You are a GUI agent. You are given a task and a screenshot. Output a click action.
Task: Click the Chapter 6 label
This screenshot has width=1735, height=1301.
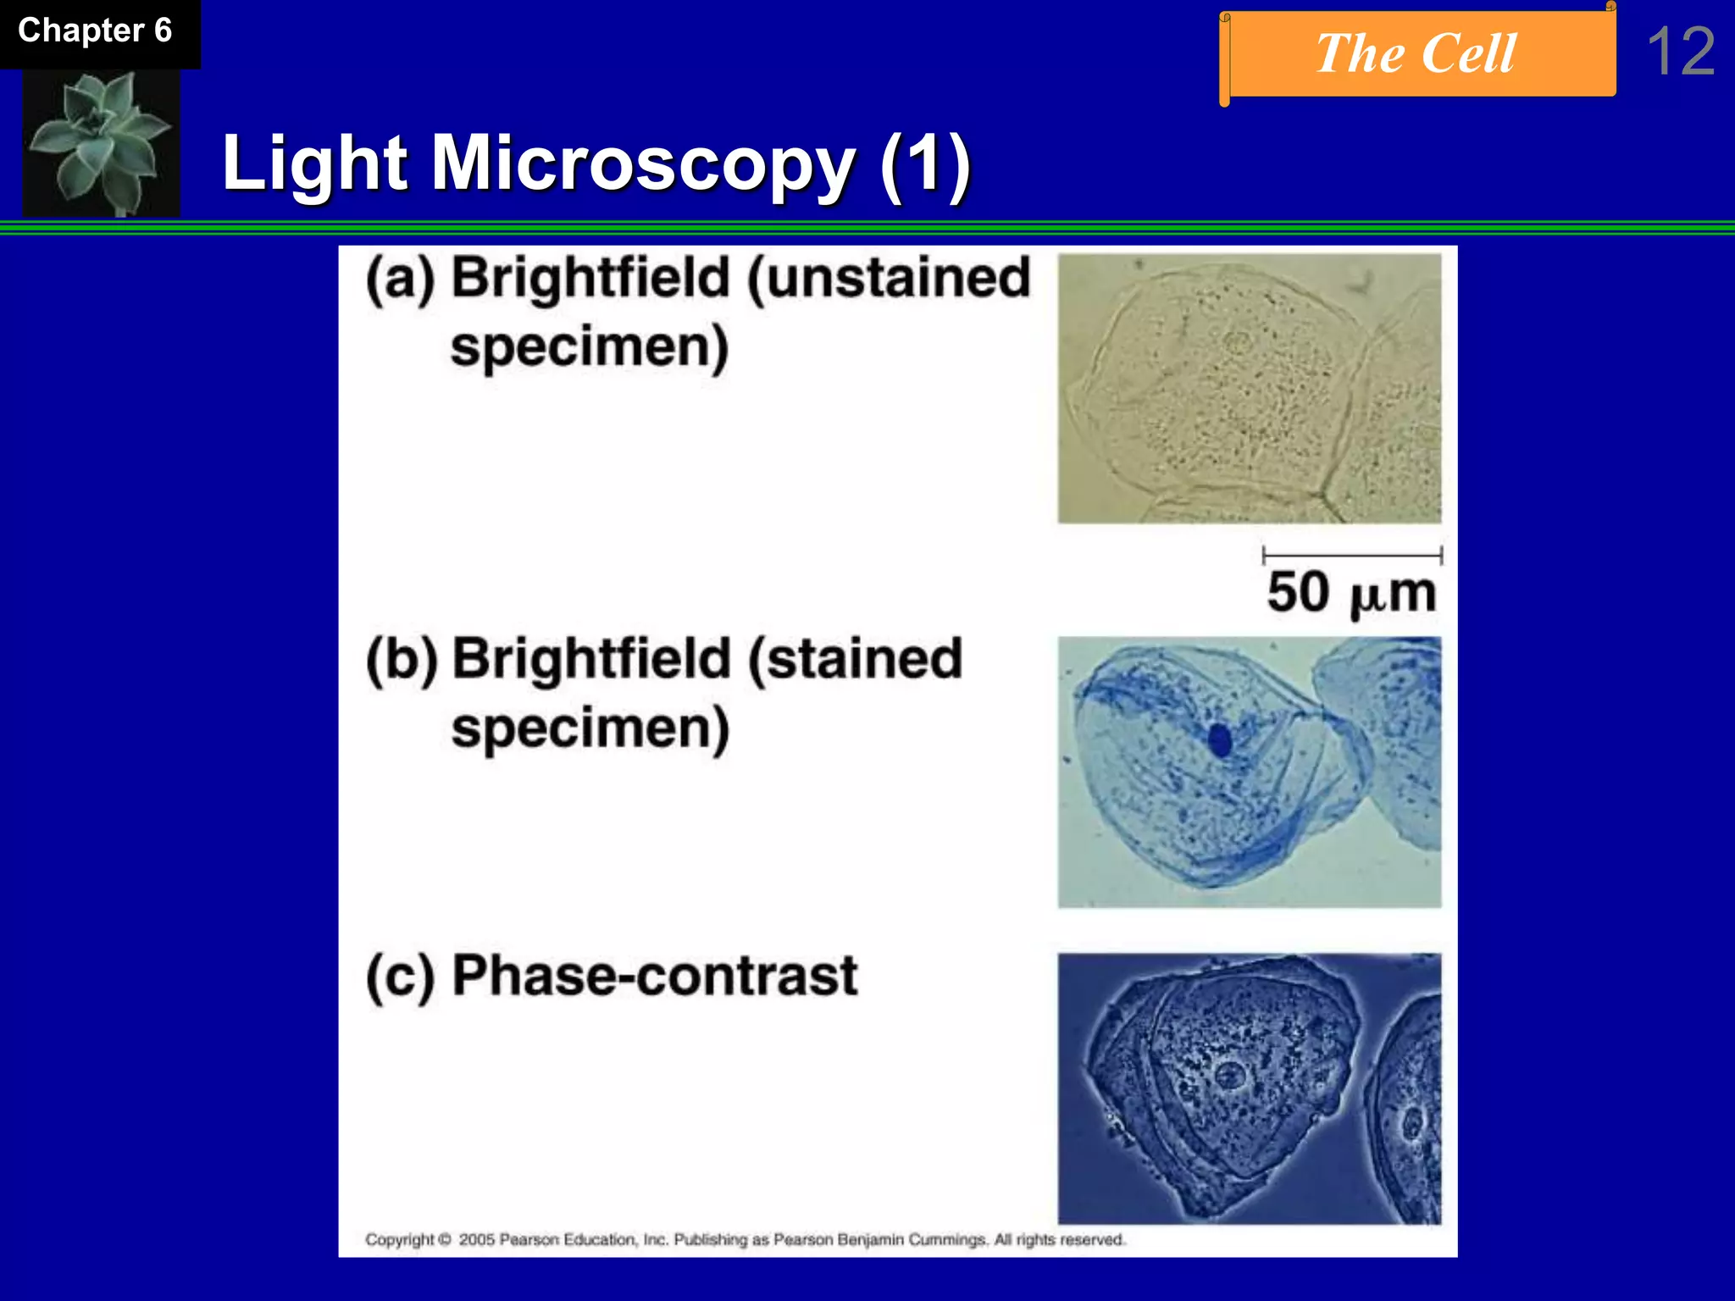click(x=95, y=31)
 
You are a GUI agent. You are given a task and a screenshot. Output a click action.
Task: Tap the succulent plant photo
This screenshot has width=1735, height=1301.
click(x=100, y=142)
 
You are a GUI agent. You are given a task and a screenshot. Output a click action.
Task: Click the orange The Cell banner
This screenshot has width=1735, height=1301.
click(x=1416, y=54)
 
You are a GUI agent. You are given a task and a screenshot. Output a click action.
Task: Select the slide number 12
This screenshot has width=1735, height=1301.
click(x=1681, y=52)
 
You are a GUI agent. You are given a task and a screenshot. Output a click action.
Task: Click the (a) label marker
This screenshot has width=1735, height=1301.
click(x=400, y=280)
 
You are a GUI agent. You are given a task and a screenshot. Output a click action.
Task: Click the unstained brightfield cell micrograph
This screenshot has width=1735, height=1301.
click(x=1249, y=388)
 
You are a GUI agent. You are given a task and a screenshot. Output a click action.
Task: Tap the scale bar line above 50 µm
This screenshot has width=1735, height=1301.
click(x=1352, y=556)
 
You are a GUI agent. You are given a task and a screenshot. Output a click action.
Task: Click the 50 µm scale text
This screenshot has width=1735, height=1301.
click(x=1352, y=593)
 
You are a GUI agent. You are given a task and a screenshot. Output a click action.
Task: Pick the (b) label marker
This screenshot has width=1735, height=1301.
click(x=402, y=661)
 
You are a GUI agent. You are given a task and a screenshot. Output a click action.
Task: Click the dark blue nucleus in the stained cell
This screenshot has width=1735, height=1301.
click(x=1220, y=740)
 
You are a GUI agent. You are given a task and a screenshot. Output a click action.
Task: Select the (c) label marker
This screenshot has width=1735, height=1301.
click(x=400, y=977)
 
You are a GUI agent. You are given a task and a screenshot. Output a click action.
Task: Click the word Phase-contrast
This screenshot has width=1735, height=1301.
click(x=654, y=976)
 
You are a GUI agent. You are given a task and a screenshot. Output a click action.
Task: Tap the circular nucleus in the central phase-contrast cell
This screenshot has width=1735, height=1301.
click(x=1229, y=1077)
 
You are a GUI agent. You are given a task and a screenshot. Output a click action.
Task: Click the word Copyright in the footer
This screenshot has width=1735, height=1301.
click(x=400, y=1240)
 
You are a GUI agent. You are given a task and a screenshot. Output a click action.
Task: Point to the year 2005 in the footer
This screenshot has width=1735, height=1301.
click(x=477, y=1240)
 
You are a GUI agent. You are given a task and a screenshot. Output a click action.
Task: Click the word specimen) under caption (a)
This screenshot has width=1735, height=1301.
click(x=590, y=347)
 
